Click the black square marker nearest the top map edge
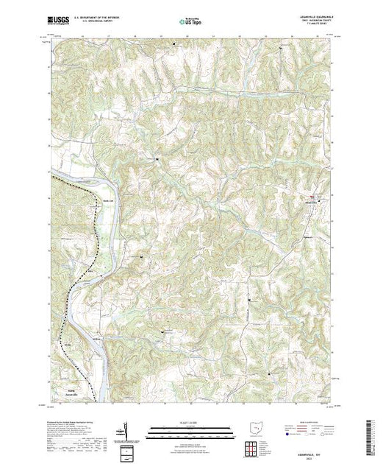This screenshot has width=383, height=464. [x=174, y=43]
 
